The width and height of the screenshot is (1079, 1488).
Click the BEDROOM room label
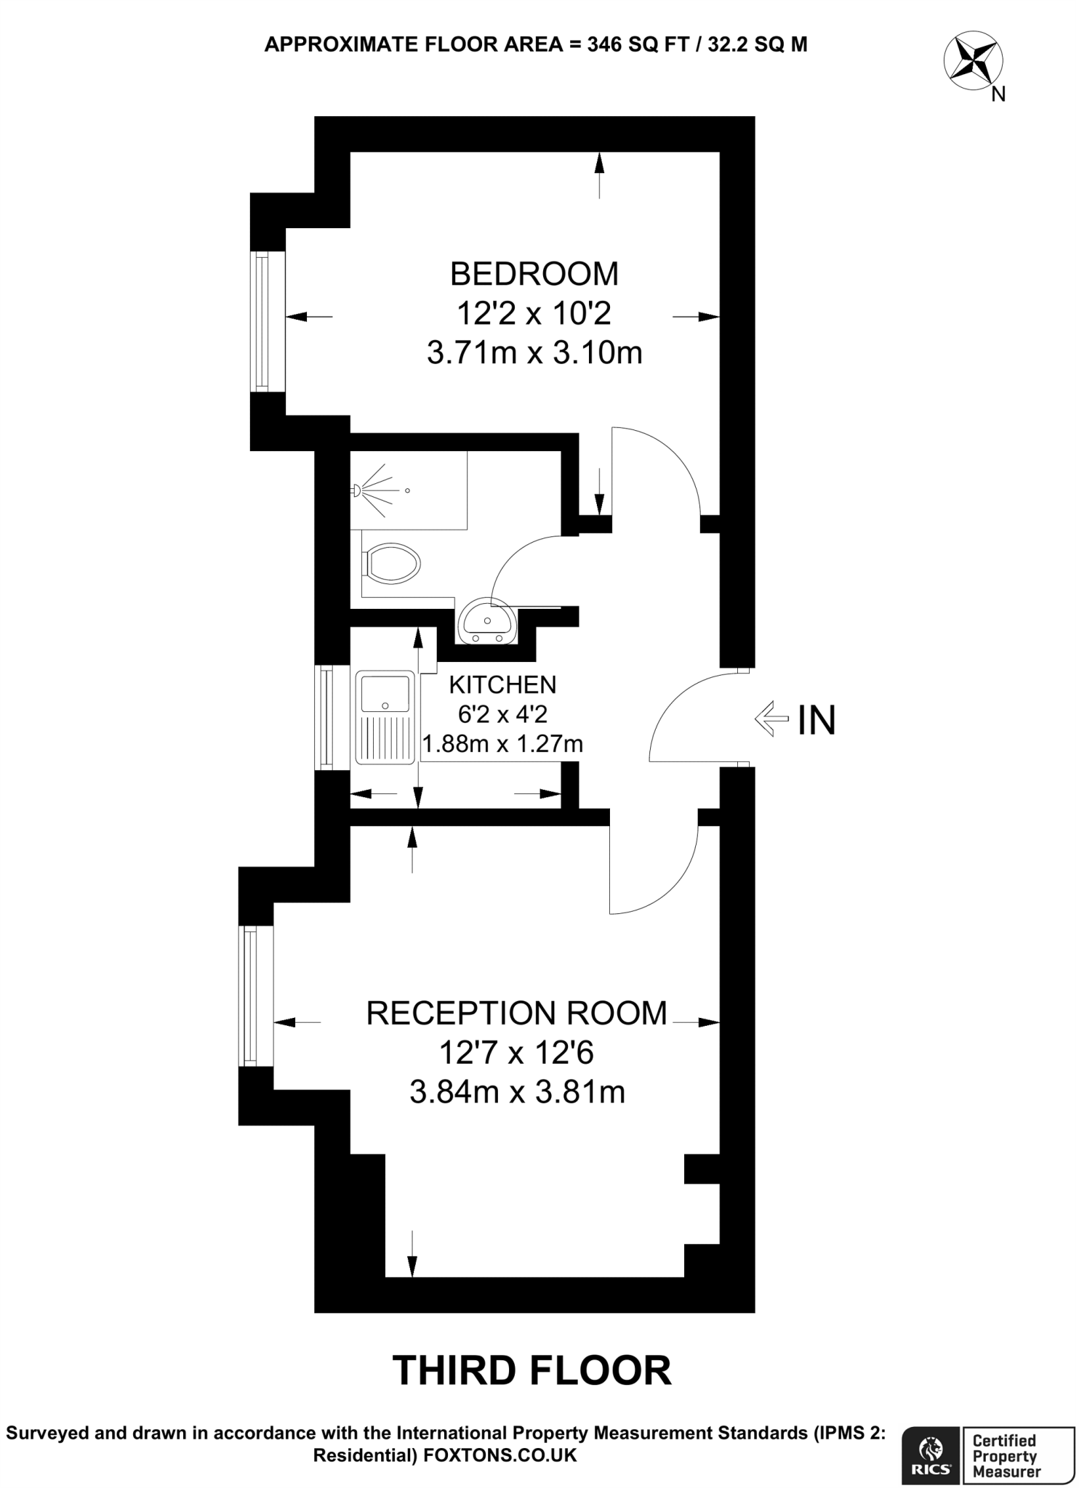coord(534,275)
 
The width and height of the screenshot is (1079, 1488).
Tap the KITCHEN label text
coord(502,684)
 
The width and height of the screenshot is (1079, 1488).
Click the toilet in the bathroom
coord(393,563)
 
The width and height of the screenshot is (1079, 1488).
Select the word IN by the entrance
coord(817,720)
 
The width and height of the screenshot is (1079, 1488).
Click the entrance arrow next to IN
coord(771,719)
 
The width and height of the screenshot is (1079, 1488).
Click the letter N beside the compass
coord(999,94)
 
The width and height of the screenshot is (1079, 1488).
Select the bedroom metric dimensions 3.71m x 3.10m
coord(534,354)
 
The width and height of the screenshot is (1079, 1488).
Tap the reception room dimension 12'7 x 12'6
coord(516,1052)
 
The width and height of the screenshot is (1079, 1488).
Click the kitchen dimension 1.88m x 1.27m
coord(502,744)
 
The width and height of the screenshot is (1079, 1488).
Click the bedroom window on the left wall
coord(260,321)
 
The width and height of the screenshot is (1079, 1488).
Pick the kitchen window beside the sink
coord(324,717)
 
